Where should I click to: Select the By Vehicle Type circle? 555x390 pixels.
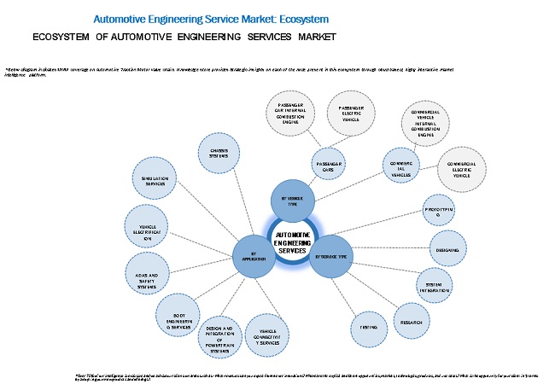pyautogui.click(x=293, y=201)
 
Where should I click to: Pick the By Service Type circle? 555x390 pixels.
pyautogui.click(x=331, y=255)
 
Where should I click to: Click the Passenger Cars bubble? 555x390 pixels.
pyautogui.click(x=330, y=164)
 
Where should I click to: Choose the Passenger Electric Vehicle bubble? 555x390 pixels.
pyautogui.click(x=351, y=113)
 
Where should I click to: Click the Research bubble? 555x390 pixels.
pyautogui.click(x=409, y=321)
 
